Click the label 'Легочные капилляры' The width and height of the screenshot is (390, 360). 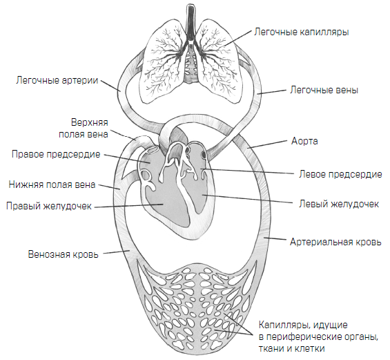click(x=301, y=32)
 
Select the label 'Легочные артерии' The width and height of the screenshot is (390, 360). click(x=57, y=81)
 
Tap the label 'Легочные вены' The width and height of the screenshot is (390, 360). click(x=324, y=90)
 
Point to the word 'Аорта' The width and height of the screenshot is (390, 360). click(x=304, y=142)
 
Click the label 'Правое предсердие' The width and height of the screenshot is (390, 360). click(x=56, y=154)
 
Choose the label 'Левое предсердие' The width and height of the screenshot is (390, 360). click(x=340, y=174)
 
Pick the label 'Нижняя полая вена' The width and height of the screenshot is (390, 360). click(x=52, y=184)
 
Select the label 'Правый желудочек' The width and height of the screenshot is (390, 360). click(x=49, y=207)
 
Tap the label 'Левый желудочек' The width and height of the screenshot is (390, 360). click(x=339, y=204)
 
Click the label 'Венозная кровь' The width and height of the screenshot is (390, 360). click(x=64, y=254)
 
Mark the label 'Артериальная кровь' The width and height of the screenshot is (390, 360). click(x=335, y=242)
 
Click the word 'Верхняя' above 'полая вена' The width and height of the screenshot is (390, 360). click(x=90, y=123)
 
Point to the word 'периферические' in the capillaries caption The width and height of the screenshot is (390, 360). click(x=306, y=337)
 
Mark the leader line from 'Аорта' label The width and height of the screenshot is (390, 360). click(x=268, y=144)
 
